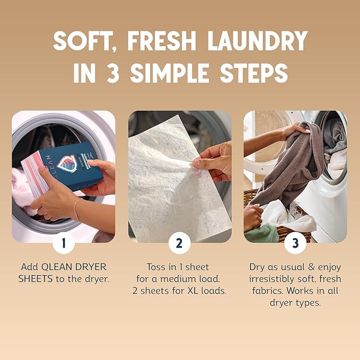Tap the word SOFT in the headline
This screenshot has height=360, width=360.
pos(84,41)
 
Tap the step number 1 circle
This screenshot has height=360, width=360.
pos(64,243)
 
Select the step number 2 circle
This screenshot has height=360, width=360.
pos(180,243)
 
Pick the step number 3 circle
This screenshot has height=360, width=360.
pos(295,243)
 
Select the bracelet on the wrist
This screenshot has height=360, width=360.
pos(76,210)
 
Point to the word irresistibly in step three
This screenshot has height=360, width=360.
pos(277,279)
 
